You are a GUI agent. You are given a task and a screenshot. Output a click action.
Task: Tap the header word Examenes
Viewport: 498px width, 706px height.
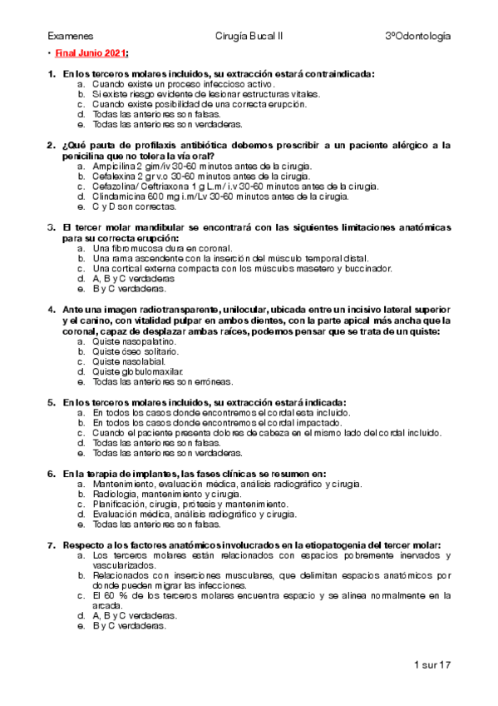(x=71, y=37)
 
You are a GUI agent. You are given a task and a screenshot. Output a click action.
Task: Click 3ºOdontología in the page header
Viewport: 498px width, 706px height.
(x=418, y=37)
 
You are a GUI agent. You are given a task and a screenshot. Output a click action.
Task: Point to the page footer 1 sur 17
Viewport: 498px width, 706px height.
(x=431, y=665)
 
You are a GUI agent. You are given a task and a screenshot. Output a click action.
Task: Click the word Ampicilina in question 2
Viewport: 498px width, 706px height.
(x=115, y=167)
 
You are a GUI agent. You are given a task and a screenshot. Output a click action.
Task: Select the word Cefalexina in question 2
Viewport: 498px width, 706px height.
(x=116, y=176)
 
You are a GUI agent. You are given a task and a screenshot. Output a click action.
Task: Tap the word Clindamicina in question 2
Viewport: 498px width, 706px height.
(x=118, y=196)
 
